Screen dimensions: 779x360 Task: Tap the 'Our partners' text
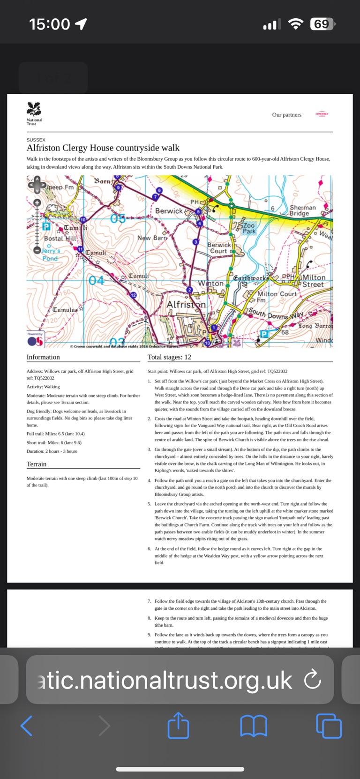click(286, 115)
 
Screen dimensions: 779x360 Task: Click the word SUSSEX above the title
click(36, 140)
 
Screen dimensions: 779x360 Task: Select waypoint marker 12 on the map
click(133, 295)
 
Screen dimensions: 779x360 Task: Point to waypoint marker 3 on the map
click(195, 242)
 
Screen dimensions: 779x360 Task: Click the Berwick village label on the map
click(169, 211)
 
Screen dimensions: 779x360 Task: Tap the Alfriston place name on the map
click(186, 305)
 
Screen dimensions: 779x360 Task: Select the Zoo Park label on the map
click(249, 228)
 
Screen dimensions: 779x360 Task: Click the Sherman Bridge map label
click(302, 210)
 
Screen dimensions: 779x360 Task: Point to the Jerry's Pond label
click(50, 255)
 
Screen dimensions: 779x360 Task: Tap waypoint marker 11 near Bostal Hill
click(80, 249)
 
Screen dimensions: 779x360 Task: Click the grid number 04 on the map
click(96, 280)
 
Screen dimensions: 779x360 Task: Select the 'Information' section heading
click(43, 357)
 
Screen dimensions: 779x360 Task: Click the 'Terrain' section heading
click(37, 464)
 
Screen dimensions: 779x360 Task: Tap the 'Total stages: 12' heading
click(169, 357)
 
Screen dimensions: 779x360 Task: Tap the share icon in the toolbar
click(178, 726)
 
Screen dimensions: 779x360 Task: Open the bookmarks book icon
click(253, 726)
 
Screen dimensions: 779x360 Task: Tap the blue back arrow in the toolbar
click(27, 726)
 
